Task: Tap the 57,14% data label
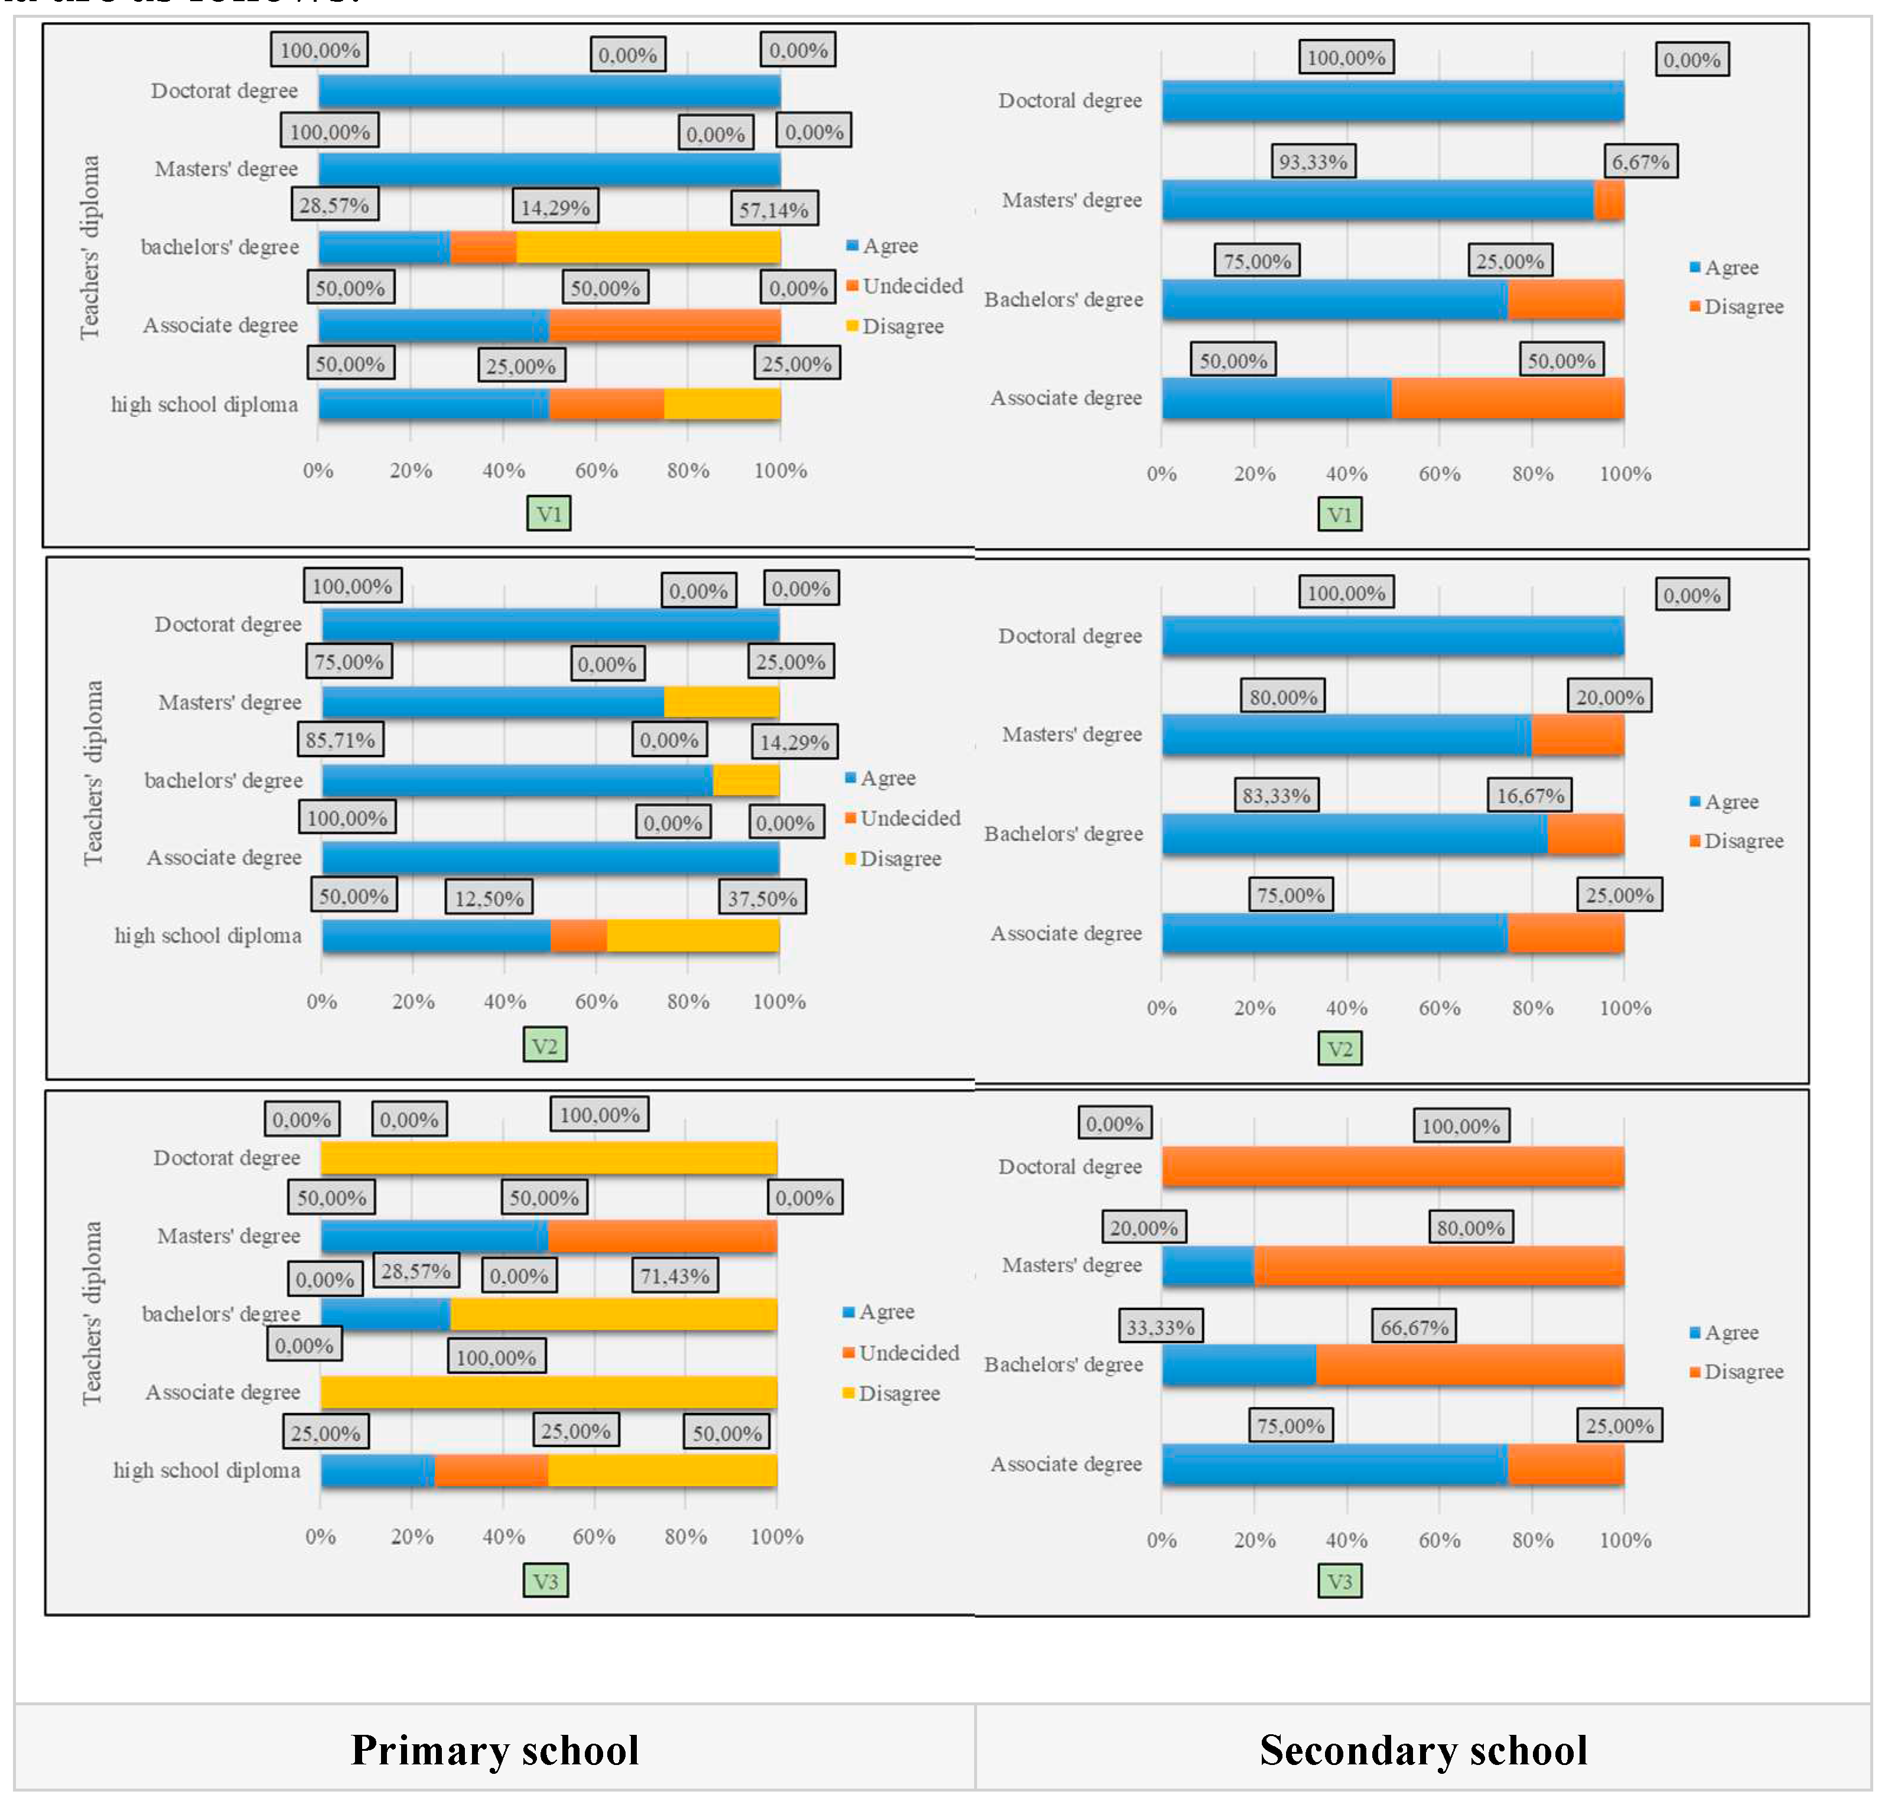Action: [773, 210]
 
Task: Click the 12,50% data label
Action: [489, 898]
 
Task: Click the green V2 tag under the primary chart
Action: [545, 1046]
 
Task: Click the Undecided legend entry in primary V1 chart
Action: [904, 286]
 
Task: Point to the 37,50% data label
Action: [762, 898]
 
